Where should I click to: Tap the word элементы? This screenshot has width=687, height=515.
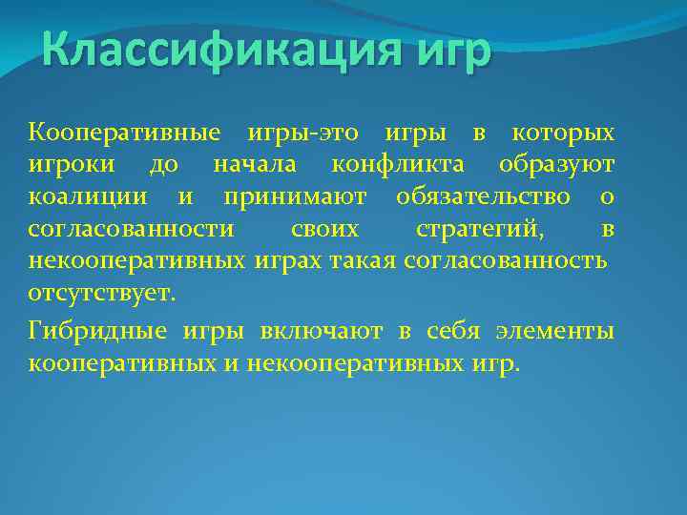click(x=555, y=330)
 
